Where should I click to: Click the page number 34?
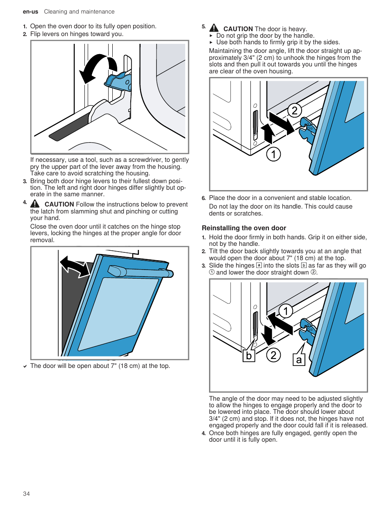click(26, 494)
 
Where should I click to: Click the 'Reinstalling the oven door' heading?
click(244, 228)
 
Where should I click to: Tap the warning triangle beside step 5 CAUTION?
click(214, 28)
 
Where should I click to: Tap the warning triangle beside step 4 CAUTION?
click(35, 204)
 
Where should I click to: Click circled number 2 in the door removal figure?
click(294, 111)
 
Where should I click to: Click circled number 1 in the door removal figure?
click(273, 154)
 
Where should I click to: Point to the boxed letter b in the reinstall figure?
click(248, 356)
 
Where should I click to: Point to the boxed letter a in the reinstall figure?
click(299, 360)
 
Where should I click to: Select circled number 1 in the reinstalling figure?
click(286, 311)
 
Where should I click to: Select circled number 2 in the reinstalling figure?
click(273, 355)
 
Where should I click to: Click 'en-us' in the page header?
click(30, 12)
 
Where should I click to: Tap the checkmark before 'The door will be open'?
click(25, 366)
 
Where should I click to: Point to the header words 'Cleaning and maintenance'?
click(79, 12)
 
